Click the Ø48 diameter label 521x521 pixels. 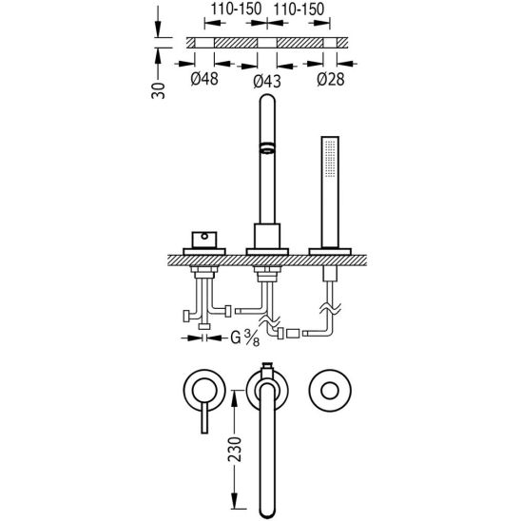[x=204, y=79]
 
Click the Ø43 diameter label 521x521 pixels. [x=267, y=81]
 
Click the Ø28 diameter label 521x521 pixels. [x=331, y=79]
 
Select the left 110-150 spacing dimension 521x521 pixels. [x=236, y=10]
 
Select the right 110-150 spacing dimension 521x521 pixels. [x=299, y=10]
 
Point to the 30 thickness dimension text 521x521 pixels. [x=158, y=90]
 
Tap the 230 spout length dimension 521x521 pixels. [x=235, y=450]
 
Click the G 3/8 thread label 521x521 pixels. [x=245, y=338]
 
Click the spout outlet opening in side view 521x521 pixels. [x=267, y=148]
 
